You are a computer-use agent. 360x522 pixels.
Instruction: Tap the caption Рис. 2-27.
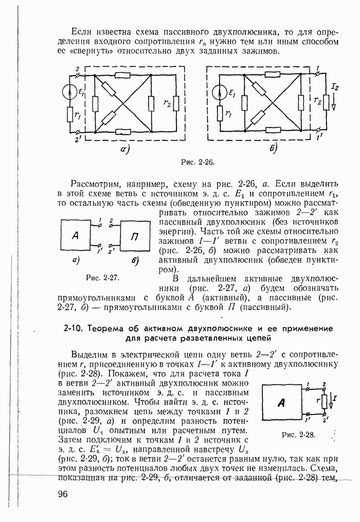point(103,278)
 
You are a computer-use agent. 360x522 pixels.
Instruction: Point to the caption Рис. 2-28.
point(298,435)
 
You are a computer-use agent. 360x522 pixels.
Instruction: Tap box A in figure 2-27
point(75,236)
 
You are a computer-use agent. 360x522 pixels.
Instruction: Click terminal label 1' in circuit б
point(320,137)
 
